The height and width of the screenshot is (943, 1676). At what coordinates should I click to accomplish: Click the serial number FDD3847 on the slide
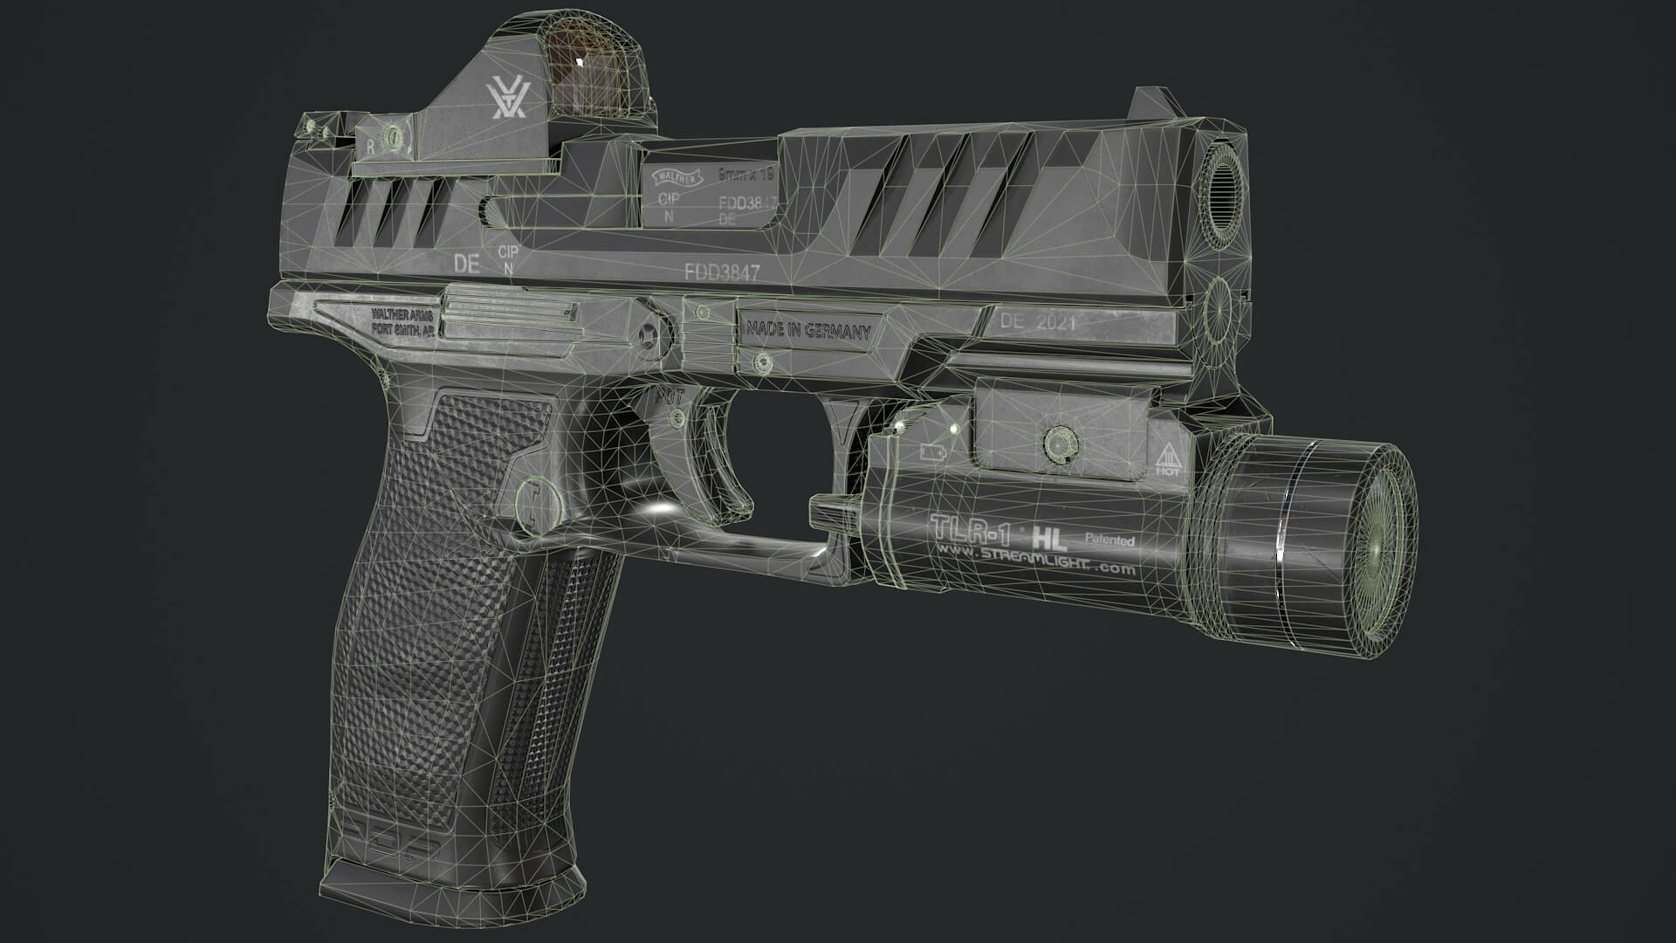[722, 272]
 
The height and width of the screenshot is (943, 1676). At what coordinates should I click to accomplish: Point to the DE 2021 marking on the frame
[1038, 321]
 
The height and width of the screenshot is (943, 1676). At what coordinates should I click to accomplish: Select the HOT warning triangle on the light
[1167, 459]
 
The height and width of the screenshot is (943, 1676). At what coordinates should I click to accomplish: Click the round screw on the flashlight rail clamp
[1061, 442]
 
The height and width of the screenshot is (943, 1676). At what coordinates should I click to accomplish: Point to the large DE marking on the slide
[467, 264]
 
